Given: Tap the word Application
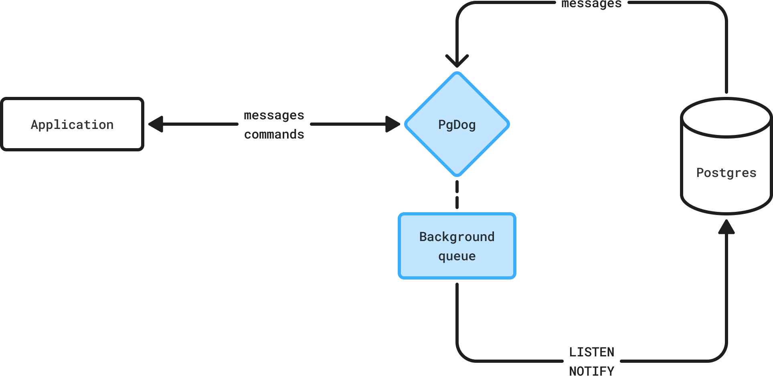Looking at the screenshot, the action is coord(72,125).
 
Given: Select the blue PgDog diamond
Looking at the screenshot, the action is coord(457,124).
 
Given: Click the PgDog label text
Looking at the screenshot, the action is coord(457,125).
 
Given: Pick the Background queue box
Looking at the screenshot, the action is coord(457,246).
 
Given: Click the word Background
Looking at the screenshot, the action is coord(457,237).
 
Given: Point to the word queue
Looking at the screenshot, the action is coord(457,256).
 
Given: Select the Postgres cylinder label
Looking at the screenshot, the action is coord(726,173).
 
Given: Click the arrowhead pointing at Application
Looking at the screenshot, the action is coord(156,124).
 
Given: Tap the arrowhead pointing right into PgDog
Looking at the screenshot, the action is coord(393,124).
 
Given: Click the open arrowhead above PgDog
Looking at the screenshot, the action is coord(457,61).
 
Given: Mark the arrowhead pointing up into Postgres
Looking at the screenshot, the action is coord(726,227).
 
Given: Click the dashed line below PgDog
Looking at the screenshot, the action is coord(457,195).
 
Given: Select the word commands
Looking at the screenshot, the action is coord(274,134).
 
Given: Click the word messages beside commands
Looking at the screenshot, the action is coord(274,116).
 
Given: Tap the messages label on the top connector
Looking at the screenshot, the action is coord(592,4).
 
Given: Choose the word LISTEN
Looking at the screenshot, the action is coord(592,352).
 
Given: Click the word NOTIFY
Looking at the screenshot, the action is coord(592,371).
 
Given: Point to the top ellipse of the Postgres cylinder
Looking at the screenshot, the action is coord(726,118).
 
